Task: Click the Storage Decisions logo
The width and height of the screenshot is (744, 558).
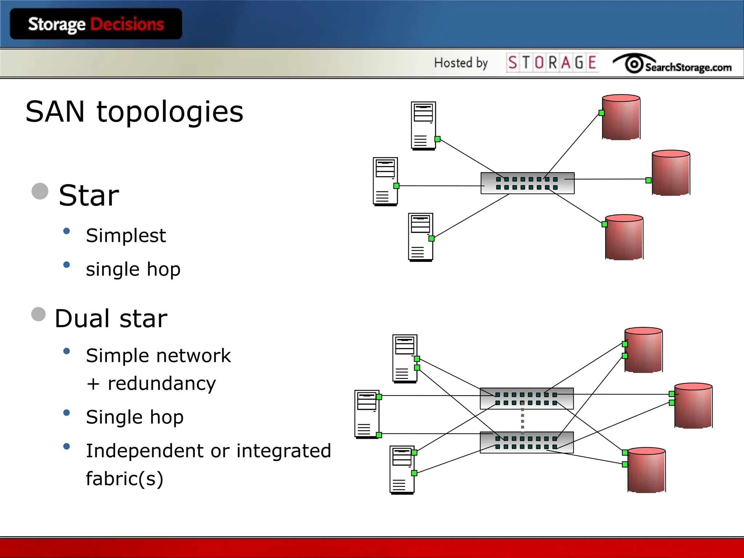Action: [96, 24]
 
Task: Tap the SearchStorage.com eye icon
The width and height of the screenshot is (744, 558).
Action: [634, 64]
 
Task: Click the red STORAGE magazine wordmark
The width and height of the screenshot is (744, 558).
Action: [552, 62]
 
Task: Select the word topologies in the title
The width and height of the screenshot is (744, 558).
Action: [170, 112]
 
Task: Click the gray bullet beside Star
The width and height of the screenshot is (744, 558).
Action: [40, 191]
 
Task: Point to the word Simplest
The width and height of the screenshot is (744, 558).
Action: [126, 235]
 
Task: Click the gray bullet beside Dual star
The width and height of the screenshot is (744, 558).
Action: [39, 314]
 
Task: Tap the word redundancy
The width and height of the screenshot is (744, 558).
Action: [162, 384]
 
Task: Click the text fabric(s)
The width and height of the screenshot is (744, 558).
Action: [125, 478]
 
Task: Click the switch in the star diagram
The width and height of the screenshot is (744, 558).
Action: [527, 183]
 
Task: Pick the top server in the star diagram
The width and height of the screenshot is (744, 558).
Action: [423, 125]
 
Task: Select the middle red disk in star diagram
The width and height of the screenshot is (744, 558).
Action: [671, 173]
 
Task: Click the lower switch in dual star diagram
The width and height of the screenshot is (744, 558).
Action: [526, 442]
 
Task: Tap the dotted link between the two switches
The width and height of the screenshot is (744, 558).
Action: [522, 420]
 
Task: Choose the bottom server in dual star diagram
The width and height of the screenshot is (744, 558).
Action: [402, 470]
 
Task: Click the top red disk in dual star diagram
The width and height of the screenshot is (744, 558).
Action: [643, 350]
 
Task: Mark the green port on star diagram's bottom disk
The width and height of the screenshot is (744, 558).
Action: [604, 224]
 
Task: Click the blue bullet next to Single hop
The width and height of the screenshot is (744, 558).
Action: [66, 413]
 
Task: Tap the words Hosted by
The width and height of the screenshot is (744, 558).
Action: [461, 63]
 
